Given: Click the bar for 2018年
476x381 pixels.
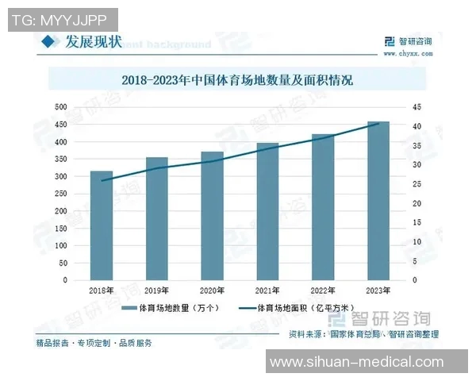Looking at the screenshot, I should (102, 225).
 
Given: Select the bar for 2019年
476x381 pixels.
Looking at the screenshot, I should (157, 218).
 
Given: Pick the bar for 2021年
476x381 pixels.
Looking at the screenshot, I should (267, 211).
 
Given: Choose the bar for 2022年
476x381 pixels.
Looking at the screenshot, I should (323, 207).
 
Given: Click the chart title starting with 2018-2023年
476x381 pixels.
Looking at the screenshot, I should (237, 80).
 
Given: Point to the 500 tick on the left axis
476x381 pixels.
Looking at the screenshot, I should (60, 107).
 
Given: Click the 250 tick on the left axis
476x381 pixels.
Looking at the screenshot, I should (60, 194).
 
